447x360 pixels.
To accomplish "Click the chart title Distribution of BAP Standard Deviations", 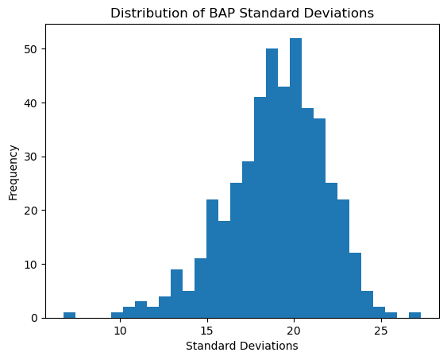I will coord(241,13).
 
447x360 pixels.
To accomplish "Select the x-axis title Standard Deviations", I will coord(241,346).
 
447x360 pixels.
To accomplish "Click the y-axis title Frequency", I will coord(13,171).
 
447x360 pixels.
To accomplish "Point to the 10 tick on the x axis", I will coord(119,331).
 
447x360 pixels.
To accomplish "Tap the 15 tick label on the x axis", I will coord(206,331).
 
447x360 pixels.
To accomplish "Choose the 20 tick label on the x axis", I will coord(294,331).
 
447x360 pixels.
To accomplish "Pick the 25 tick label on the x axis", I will coord(380,331).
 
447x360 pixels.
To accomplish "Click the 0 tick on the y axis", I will coord(36,318).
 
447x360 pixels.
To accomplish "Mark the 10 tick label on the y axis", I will coord(33,264).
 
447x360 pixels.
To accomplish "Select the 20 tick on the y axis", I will coord(33,211).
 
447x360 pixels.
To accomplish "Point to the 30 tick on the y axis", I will coord(33,157).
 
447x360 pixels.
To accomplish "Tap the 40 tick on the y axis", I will coord(33,103).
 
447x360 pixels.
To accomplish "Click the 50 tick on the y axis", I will coord(33,49).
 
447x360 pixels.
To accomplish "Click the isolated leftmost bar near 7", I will coord(70,315).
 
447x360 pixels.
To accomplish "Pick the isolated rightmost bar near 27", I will coord(414,315).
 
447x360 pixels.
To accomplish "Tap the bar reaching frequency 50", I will coord(272,183).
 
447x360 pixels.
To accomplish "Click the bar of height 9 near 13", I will coord(176,294).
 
